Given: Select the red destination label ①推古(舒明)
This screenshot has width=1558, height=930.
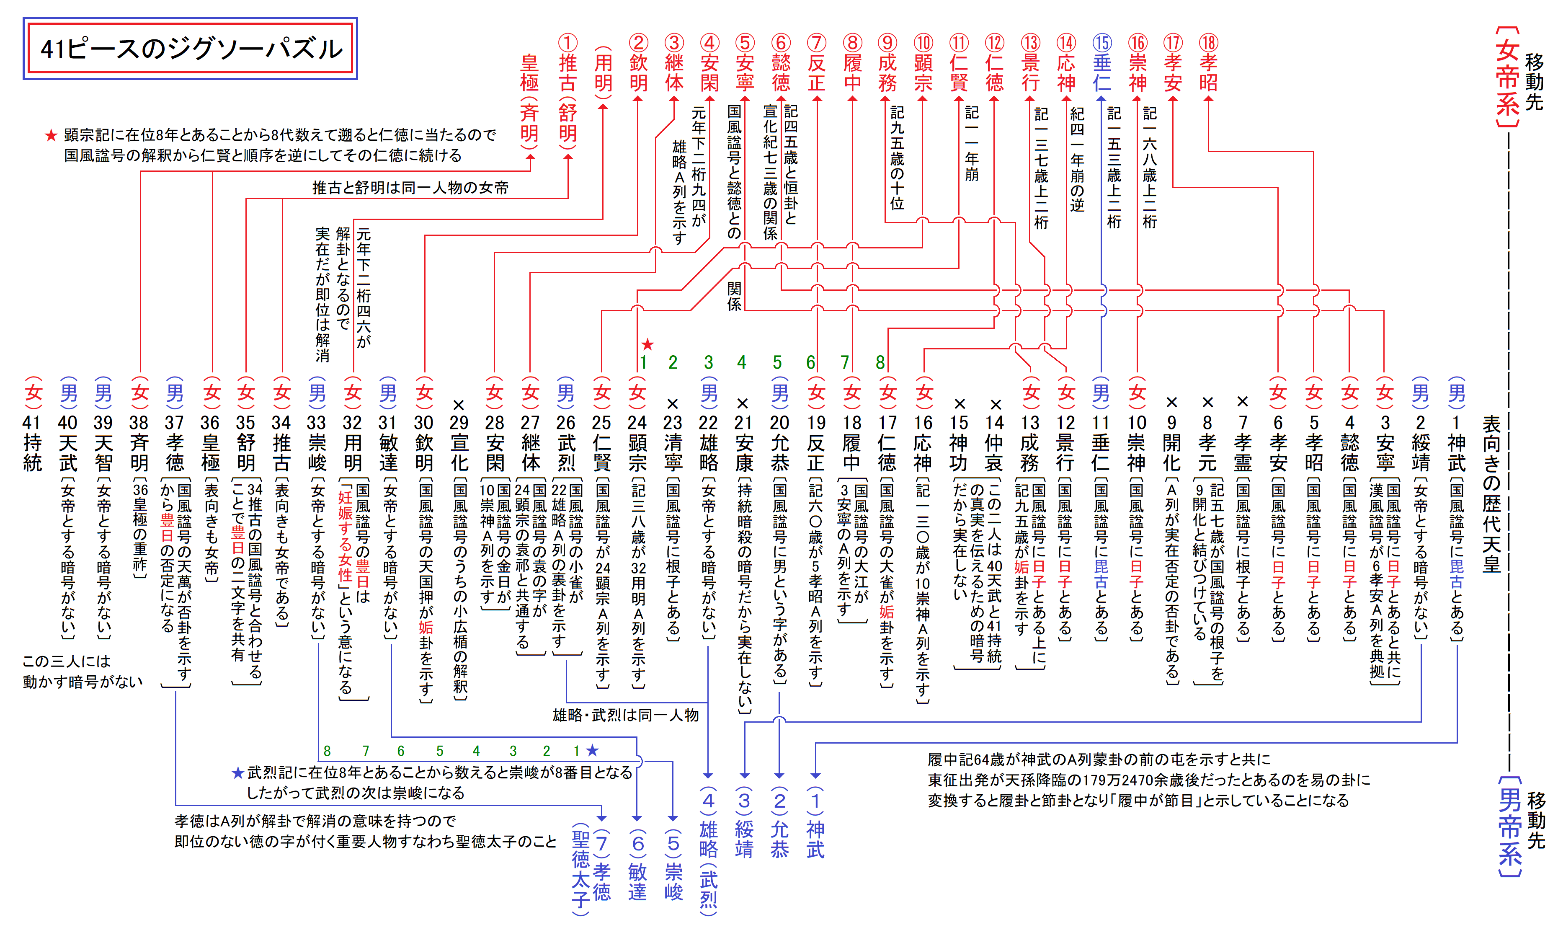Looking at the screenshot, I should click(x=567, y=91).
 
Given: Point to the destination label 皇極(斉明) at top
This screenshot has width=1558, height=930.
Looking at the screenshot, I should click(x=530, y=100).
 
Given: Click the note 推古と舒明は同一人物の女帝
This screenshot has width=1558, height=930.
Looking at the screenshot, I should click(x=410, y=187).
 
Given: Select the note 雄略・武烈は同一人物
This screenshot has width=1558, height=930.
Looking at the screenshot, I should click(x=625, y=715).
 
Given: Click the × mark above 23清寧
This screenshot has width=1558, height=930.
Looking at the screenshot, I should click(x=673, y=403).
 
